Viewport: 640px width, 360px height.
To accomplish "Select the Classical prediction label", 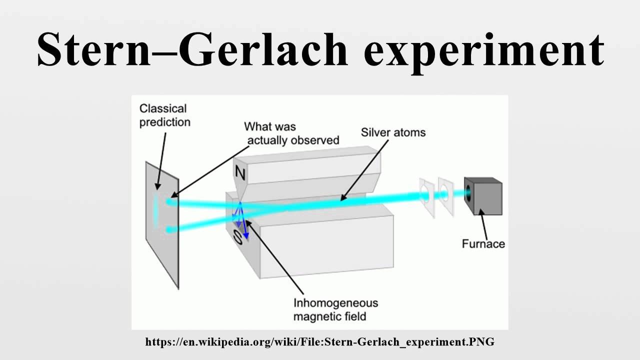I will pos(164,115).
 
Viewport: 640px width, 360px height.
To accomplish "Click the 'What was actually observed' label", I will pos(292,133).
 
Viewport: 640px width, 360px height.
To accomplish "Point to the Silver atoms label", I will pos(393,132).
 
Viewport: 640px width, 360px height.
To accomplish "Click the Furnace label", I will pos(483,244).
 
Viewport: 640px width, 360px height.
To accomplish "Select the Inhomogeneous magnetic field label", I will pos(335,309).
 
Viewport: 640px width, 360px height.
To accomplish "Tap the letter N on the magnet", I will pos(240,174).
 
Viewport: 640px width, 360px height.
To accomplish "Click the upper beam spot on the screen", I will pos(171,202).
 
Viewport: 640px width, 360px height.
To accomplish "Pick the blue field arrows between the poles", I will pos(241,220).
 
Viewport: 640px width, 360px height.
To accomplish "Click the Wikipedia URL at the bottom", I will pos(319,342).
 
